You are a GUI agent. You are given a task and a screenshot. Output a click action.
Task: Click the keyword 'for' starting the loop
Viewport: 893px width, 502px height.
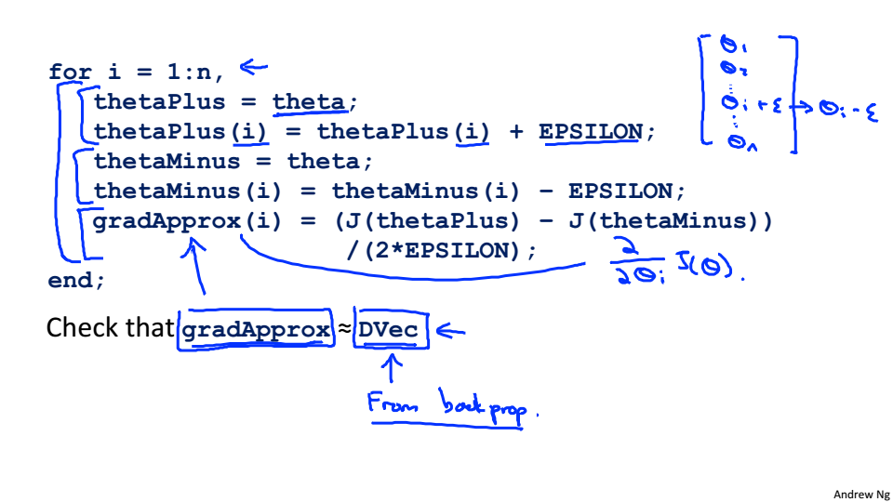(70, 72)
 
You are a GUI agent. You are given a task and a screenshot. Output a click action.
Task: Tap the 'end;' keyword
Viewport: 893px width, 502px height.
(76, 280)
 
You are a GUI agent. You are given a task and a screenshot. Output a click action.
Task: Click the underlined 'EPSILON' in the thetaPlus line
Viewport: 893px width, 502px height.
(590, 131)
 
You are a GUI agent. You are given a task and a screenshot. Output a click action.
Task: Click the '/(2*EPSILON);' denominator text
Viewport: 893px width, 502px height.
(441, 250)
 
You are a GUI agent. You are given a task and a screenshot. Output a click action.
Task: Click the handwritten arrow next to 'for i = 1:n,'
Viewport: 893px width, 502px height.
(253, 66)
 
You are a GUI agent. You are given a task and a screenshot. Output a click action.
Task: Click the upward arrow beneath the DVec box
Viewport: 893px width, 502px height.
(393, 370)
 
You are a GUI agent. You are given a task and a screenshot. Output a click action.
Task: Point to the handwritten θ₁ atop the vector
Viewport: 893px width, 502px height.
(731, 45)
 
